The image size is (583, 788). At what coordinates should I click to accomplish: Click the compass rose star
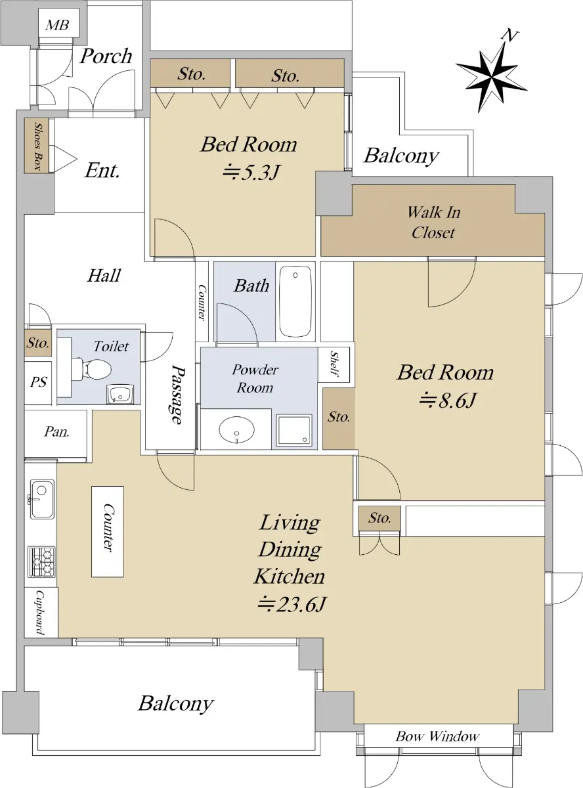pos(491,76)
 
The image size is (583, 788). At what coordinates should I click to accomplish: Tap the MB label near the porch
pos(57,26)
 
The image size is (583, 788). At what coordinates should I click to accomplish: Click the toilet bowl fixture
pos(92,369)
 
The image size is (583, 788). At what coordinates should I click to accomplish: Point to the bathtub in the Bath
pos(295,301)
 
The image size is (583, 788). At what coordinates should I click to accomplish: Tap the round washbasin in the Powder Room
pos(236,430)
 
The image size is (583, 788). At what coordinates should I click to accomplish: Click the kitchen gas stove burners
pos(42,561)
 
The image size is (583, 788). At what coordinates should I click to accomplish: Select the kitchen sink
pos(42,499)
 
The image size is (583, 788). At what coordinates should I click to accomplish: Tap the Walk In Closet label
pos(433,223)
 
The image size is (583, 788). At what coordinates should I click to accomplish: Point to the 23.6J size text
pos(291,604)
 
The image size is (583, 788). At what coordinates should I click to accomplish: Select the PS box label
pos(38,382)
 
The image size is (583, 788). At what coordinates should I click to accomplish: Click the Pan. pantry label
pos(57,431)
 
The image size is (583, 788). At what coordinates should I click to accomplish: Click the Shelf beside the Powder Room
pos(334,364)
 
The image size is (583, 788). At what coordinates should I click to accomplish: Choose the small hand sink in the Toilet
pos(120,395)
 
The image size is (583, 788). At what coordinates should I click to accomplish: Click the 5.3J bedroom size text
pos(252,173)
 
